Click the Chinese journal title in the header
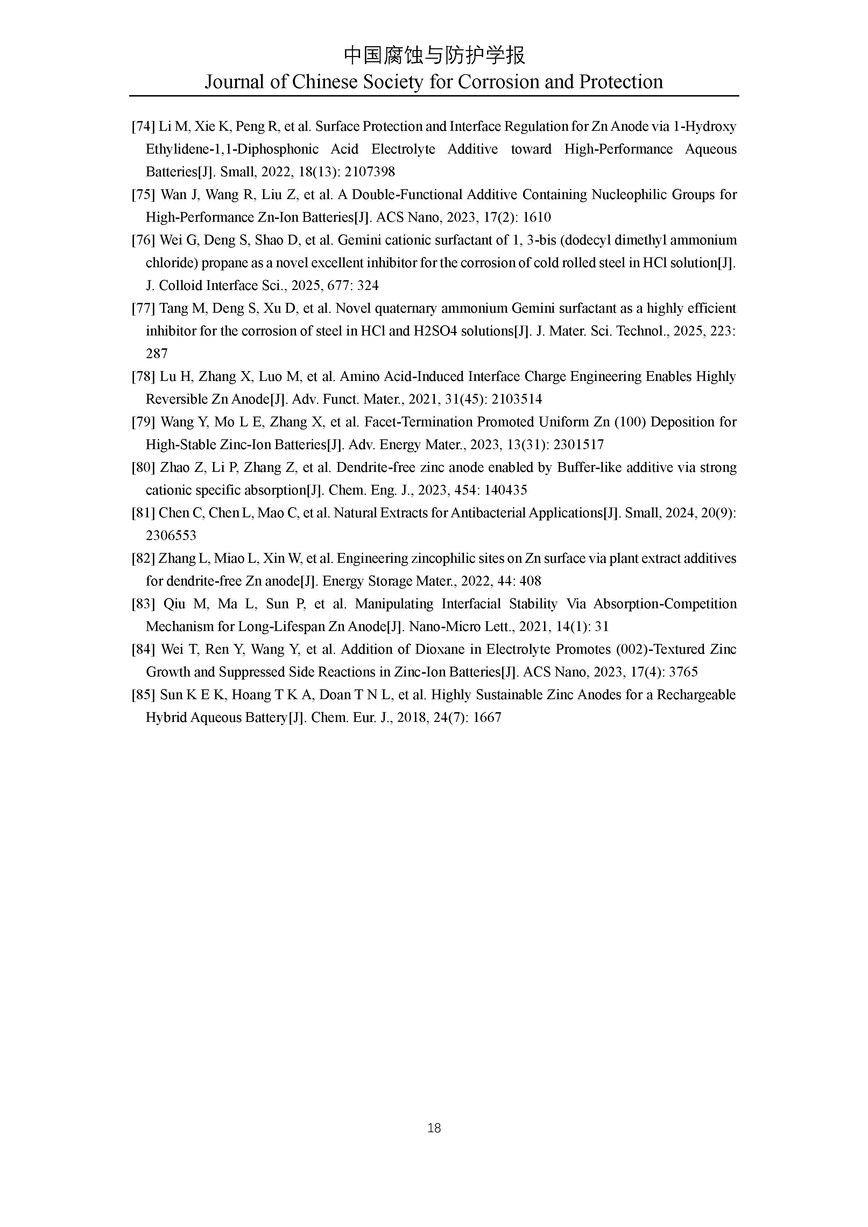(434, 55)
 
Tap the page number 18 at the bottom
(434, 1128)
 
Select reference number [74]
(143, 127)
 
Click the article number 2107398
(370, 172)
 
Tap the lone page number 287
(157, 354)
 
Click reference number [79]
(143, 422)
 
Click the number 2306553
(171, 536)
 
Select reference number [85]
(143, 695)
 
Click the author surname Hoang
(250, 695)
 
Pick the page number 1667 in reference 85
(487, 718)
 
